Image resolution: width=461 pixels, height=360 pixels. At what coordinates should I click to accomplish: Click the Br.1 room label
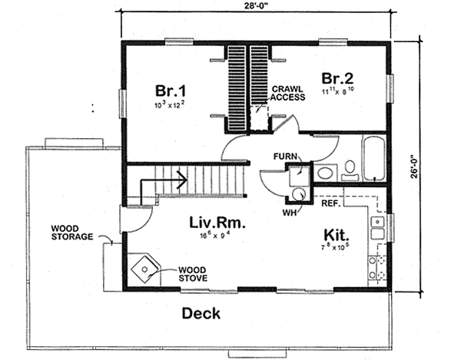pyautogui.click(x=167, y=86)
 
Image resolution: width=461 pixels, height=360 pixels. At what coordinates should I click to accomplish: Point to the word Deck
pyautogui.click(x=201, y=313)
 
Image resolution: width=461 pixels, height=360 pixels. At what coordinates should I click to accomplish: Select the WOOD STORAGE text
pyautogui.click(x=71, y=233)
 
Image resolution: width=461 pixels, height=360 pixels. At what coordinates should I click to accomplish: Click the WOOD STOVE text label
pyautogui.click(x=191, y=274)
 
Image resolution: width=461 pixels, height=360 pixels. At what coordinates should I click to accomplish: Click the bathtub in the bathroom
pyautogui.click(x=374, y=158)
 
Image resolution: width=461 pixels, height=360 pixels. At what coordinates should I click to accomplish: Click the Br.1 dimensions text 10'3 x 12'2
pyautogui.click(x=167, y=101)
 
